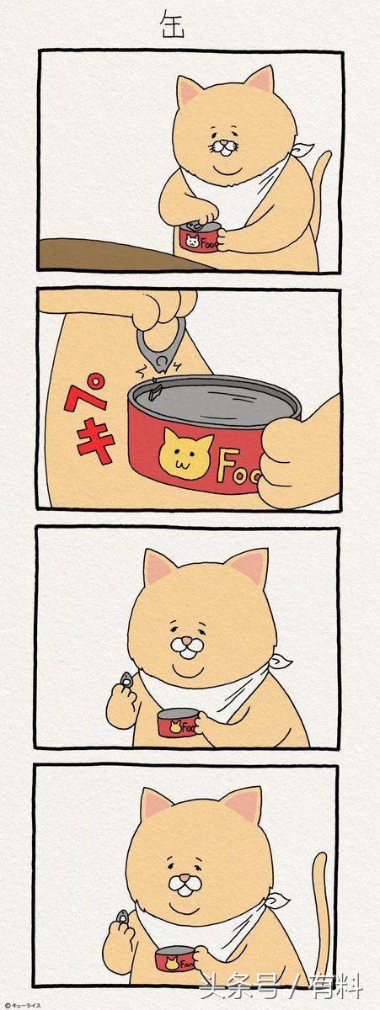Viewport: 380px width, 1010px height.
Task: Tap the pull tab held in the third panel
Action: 126,679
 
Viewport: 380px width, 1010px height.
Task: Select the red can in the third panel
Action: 179,723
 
